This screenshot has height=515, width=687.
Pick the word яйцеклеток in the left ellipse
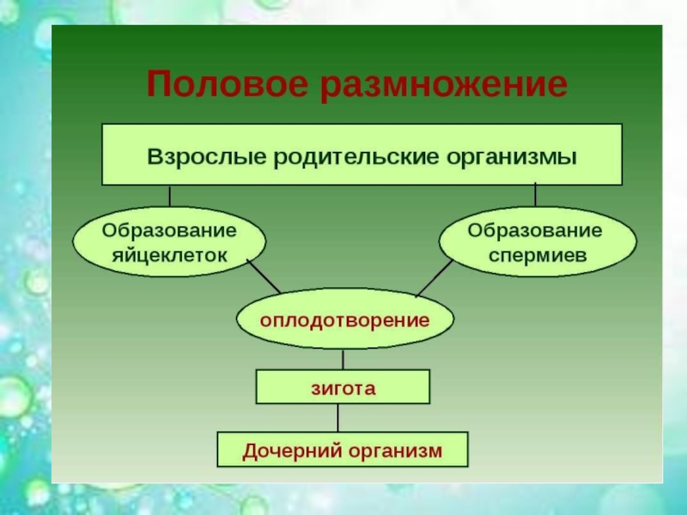point(169,255)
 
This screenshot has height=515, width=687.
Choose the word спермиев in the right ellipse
point(538,255)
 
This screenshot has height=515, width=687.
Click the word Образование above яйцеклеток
point(169,230)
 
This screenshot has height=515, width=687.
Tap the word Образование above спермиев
point(538,230)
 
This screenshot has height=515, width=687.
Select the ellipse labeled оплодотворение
point(344,319)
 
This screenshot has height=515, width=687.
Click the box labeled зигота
point(343,387)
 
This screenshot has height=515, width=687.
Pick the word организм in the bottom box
point(396,450)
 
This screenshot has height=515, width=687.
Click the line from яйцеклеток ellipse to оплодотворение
point(264,276)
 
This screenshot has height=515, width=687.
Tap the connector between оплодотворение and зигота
point(343,359)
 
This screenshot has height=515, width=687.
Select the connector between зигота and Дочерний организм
point(337,418)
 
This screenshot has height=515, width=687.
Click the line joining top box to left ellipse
point(169,196)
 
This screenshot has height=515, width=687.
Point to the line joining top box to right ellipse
point(536,195)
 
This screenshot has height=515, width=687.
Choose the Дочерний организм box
point(343,450)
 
